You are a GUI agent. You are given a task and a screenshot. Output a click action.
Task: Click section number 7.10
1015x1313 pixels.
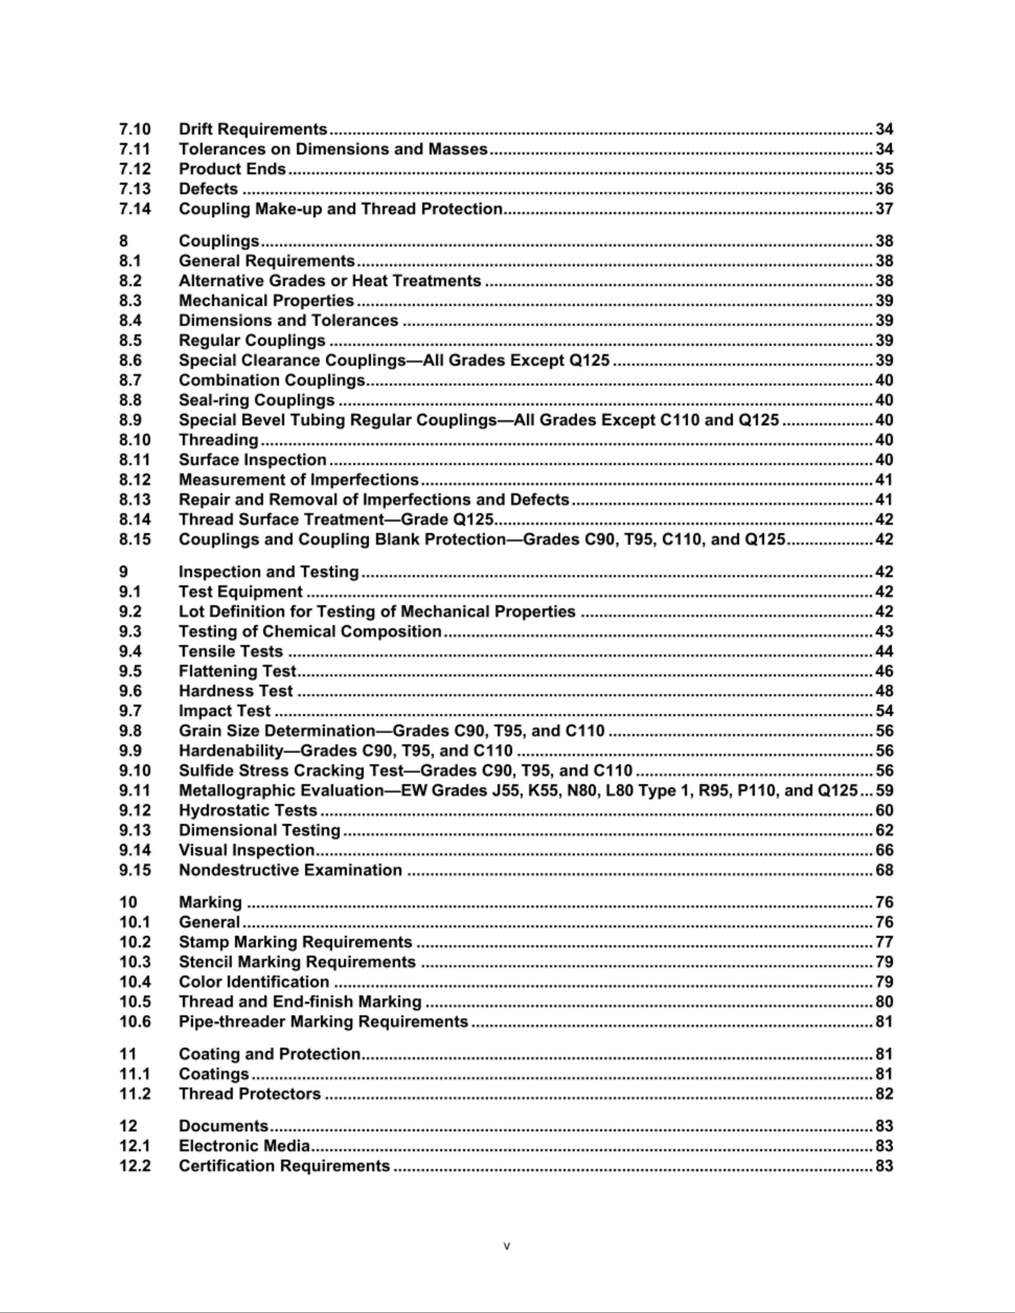135,129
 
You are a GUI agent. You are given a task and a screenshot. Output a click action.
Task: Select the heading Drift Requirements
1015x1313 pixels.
253,129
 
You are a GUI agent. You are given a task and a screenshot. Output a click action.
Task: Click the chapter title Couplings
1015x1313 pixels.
219,241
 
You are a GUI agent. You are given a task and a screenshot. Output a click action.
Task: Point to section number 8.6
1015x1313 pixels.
131,361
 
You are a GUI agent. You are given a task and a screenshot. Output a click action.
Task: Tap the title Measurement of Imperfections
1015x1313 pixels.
298,480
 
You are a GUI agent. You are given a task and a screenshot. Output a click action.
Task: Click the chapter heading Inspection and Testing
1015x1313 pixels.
269,572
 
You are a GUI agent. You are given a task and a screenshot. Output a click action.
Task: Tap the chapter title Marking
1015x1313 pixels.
210,902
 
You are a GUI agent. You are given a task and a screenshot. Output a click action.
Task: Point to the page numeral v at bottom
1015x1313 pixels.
506,1246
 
